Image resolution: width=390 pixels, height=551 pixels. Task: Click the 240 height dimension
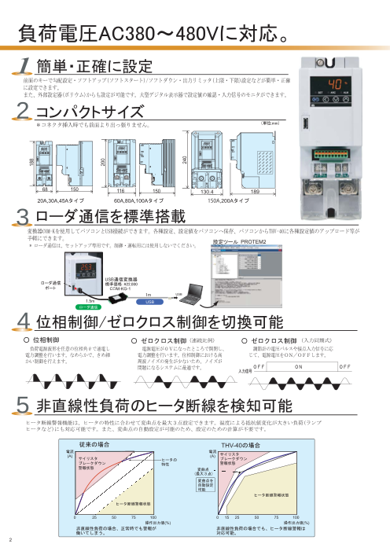[185, 160]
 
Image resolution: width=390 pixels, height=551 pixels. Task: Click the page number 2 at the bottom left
[11, 540]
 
